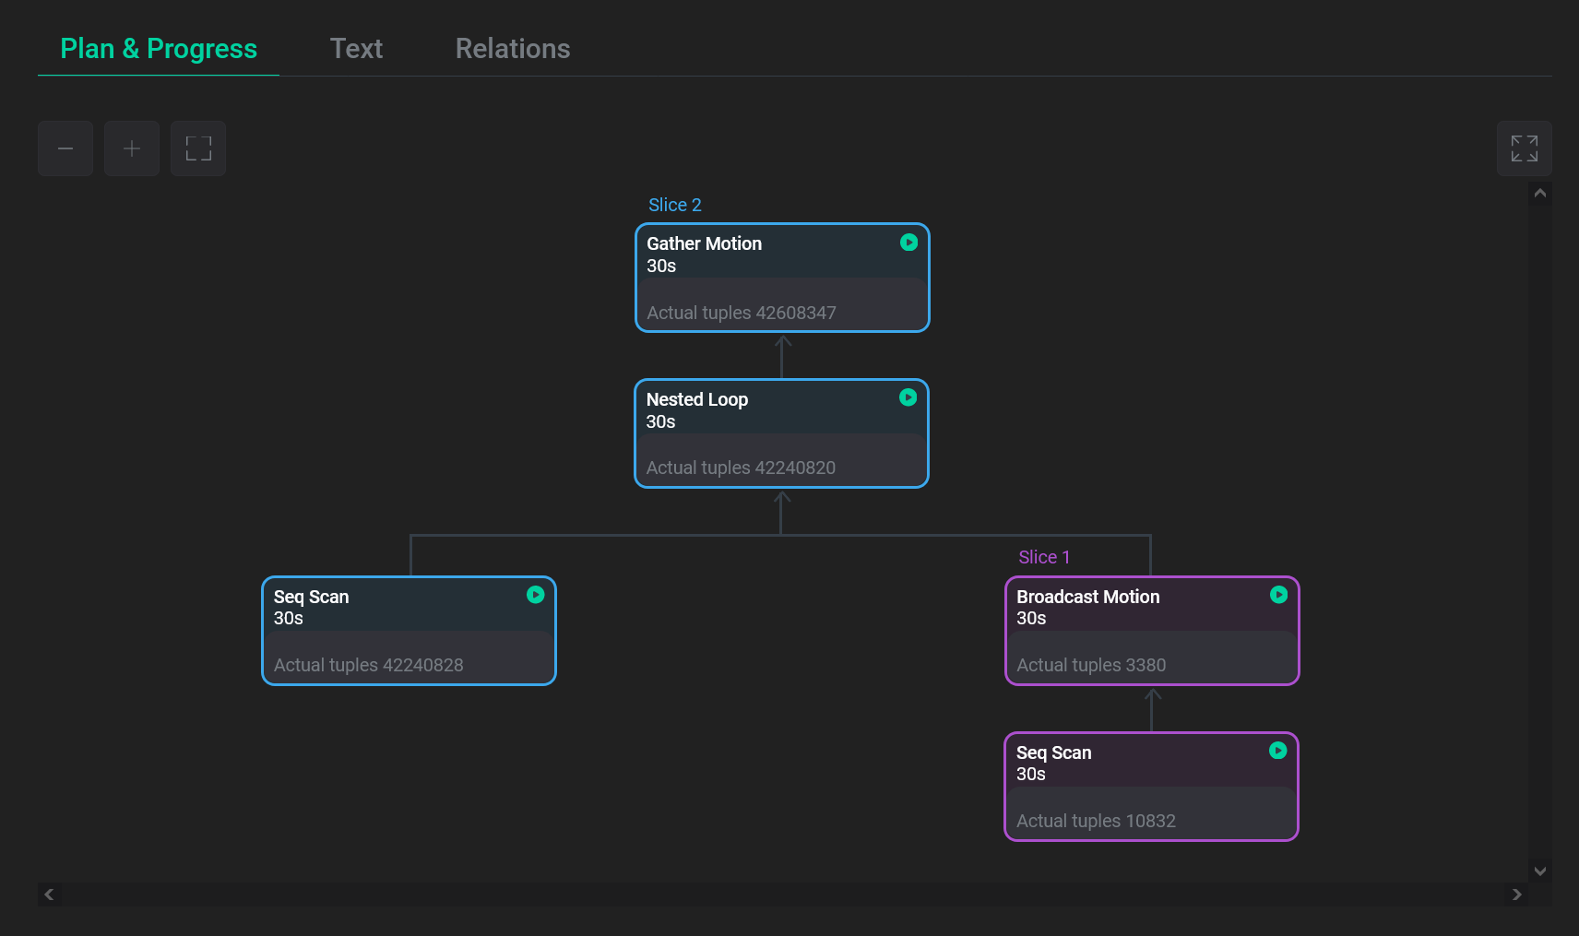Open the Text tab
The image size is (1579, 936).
coord(356,49)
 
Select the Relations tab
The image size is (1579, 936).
coord(513,49)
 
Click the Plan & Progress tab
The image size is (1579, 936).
coord(159,49)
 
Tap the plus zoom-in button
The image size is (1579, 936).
coord(132,148)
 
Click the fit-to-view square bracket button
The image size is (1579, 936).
coord(198,148)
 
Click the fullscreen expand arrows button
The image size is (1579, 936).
coord(1524,148)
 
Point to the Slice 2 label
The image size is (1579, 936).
coord(674,205)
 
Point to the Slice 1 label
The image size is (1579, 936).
coord(1044,557)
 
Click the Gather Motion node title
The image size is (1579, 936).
coord(704,243)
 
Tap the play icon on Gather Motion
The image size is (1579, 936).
coord(908,243)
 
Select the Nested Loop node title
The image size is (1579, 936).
coord(696,399)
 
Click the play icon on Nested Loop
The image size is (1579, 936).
coord(908,397)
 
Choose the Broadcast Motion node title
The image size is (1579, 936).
coord(1087,597)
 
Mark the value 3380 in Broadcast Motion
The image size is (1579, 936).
coord(1146,665)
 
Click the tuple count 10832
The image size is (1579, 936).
coord(1150,821)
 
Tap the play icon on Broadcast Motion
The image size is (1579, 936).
coord(1278,595)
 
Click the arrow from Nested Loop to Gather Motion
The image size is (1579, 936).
coord(782,355)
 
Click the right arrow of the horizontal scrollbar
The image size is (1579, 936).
coord(1516,895)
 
